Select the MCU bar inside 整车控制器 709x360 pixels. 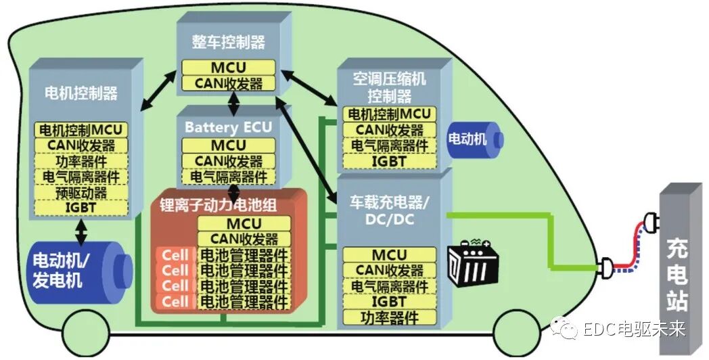[x=228, y=68]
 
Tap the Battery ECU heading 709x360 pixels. [x=229, y=127]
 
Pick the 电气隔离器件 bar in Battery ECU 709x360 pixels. [x=228, y=177]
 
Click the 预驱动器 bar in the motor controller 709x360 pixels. [x=81, y=193]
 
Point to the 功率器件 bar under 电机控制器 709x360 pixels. [x=81, y=160]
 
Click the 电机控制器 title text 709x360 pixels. [x=81, y=92]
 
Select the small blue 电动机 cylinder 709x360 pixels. [x=474, y=139]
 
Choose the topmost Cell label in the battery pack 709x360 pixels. [x=175, y=255]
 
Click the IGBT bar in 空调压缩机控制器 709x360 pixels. [x=388, y=162]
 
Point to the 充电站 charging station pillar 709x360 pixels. [x=677, y=267]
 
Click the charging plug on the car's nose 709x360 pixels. [x=607, y=267]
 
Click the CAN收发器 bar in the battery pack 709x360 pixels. [x=244, y=239]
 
